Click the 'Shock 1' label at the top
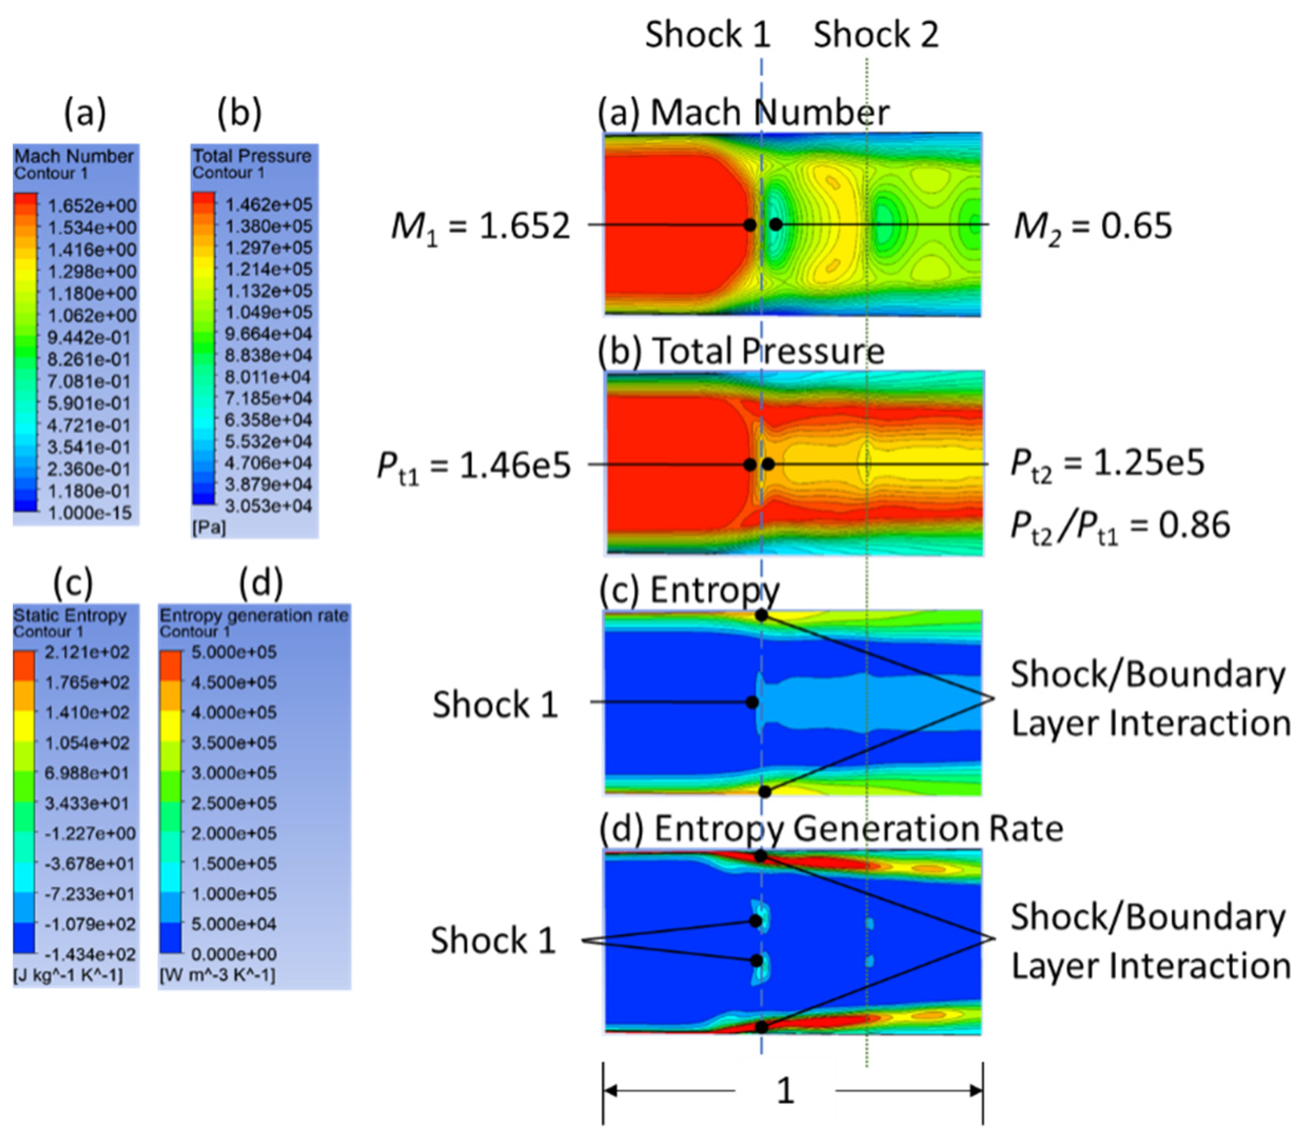[707, 34]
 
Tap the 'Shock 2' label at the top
[876, 34]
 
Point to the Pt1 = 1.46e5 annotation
[473, 466]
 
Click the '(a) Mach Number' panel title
[744, 113]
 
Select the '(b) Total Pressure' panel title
[741, 351]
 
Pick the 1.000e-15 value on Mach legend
[90, 513]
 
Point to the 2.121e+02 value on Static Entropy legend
[86, 652]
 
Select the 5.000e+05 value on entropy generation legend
[234, 652]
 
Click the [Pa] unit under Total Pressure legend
[209, 528]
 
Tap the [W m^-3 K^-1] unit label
[218, 975]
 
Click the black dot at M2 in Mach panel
[775, 224]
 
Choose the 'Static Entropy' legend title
[70, 615]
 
